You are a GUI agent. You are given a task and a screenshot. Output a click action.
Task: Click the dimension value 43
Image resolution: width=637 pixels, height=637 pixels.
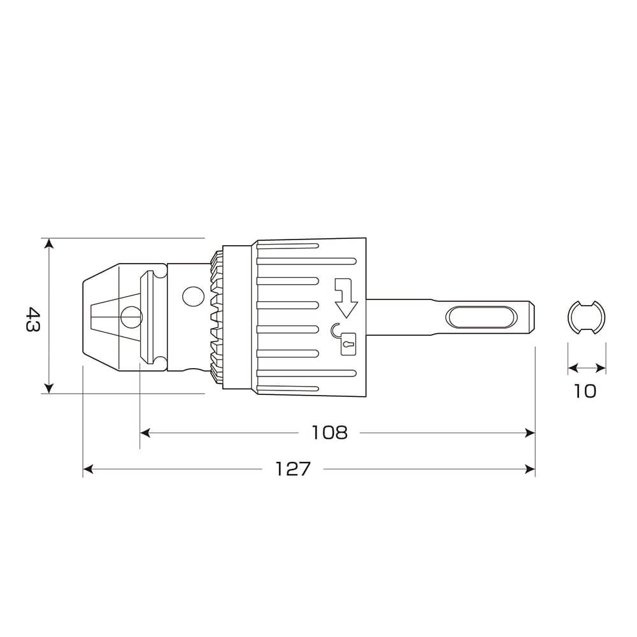33,320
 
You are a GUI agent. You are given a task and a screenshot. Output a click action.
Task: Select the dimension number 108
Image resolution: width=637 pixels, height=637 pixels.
329,433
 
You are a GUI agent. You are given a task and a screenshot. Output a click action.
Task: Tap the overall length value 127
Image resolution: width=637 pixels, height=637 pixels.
293,469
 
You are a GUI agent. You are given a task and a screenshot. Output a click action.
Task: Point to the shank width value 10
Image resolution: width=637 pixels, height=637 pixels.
585,391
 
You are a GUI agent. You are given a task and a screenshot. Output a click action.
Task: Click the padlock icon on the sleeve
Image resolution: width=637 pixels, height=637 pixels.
348,344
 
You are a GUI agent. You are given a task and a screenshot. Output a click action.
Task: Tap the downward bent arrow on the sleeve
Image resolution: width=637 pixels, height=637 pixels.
345,297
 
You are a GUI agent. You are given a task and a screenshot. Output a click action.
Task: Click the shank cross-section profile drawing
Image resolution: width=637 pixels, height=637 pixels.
586,317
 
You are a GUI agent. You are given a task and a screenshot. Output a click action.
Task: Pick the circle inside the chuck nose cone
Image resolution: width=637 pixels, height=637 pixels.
132,317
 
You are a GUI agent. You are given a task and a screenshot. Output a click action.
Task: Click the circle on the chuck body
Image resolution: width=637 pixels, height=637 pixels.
193,297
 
